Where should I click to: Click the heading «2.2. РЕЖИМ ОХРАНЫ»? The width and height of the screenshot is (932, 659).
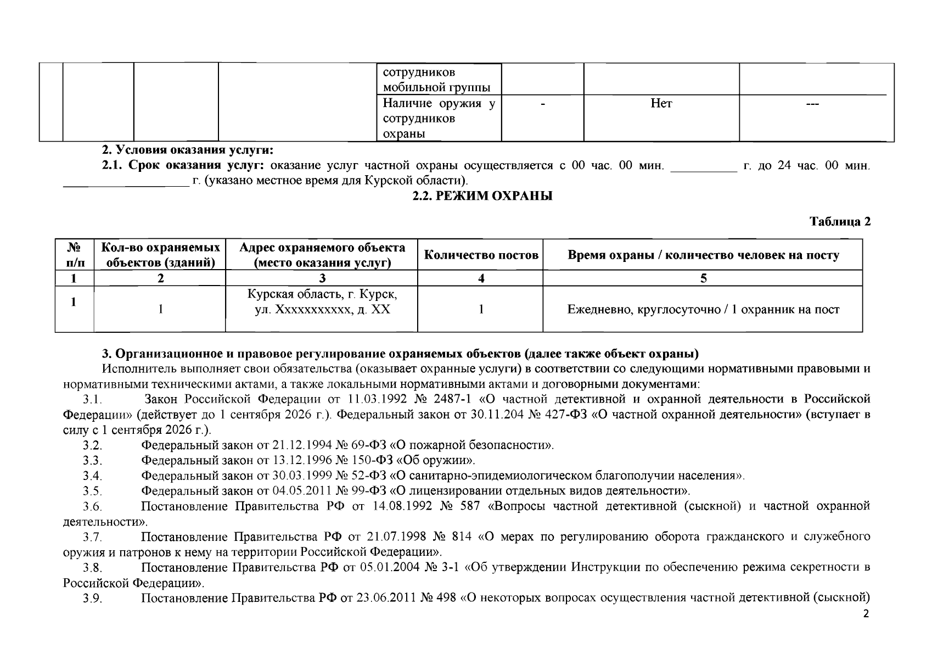pos(482,196)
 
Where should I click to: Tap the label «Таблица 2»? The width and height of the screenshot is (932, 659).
pos(840,221)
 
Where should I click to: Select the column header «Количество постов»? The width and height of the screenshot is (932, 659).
pos(481,255)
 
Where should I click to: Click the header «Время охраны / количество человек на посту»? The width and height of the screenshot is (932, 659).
pos(703,255)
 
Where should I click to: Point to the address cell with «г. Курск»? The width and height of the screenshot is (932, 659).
pos(322,302)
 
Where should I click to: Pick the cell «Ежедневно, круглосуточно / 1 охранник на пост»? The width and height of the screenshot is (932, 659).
pos(703,310)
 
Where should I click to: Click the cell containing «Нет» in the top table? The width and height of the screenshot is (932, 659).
pos(661,103)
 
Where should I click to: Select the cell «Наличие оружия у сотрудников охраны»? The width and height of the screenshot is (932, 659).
pos(438,119)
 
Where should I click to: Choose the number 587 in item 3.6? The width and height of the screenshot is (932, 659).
pos(468,506)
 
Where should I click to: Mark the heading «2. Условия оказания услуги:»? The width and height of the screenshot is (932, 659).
pos(188,150)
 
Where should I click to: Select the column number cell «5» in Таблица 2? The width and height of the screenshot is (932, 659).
pos(703,278)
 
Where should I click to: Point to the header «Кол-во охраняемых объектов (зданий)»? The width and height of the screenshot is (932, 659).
pos(160,255)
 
